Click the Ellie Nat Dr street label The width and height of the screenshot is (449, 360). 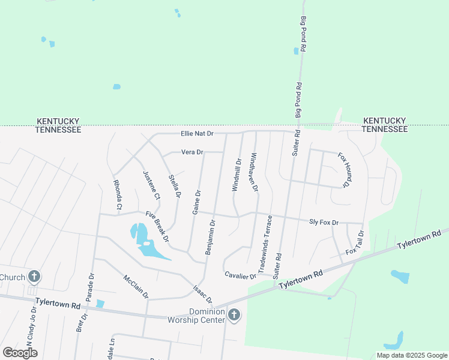pyautogui.click(x=197, y=134)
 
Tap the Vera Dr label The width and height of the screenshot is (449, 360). pyautogui.click(x=193, y=152)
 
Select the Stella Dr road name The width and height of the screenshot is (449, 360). pyautogui.click(x=175, y=185)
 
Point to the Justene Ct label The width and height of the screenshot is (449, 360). pyautogui.click(x=152, y=185)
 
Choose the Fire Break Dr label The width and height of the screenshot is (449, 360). pyautogui.click(x=157, y=226)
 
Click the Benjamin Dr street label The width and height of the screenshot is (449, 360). pyautogui.click(x=210, y=238)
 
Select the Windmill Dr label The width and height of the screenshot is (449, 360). pyautogui.click(x=237, y=175)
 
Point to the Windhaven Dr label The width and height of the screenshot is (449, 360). pyautogui.click(x=254, y=172)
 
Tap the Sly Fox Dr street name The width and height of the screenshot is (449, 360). pyautogui.click(x=324, y=222)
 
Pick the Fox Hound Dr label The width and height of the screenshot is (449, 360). pyautogui.click(x=343, y=170)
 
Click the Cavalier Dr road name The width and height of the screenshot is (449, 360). pyautogui.click(x=240, y=275)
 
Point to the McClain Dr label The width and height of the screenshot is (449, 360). pyautogui.click(x=136, y=287)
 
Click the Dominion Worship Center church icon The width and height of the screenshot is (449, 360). pyautogui.click(x=234, y=314)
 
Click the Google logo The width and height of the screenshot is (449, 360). pyautogui.click(x=20, y=353)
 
